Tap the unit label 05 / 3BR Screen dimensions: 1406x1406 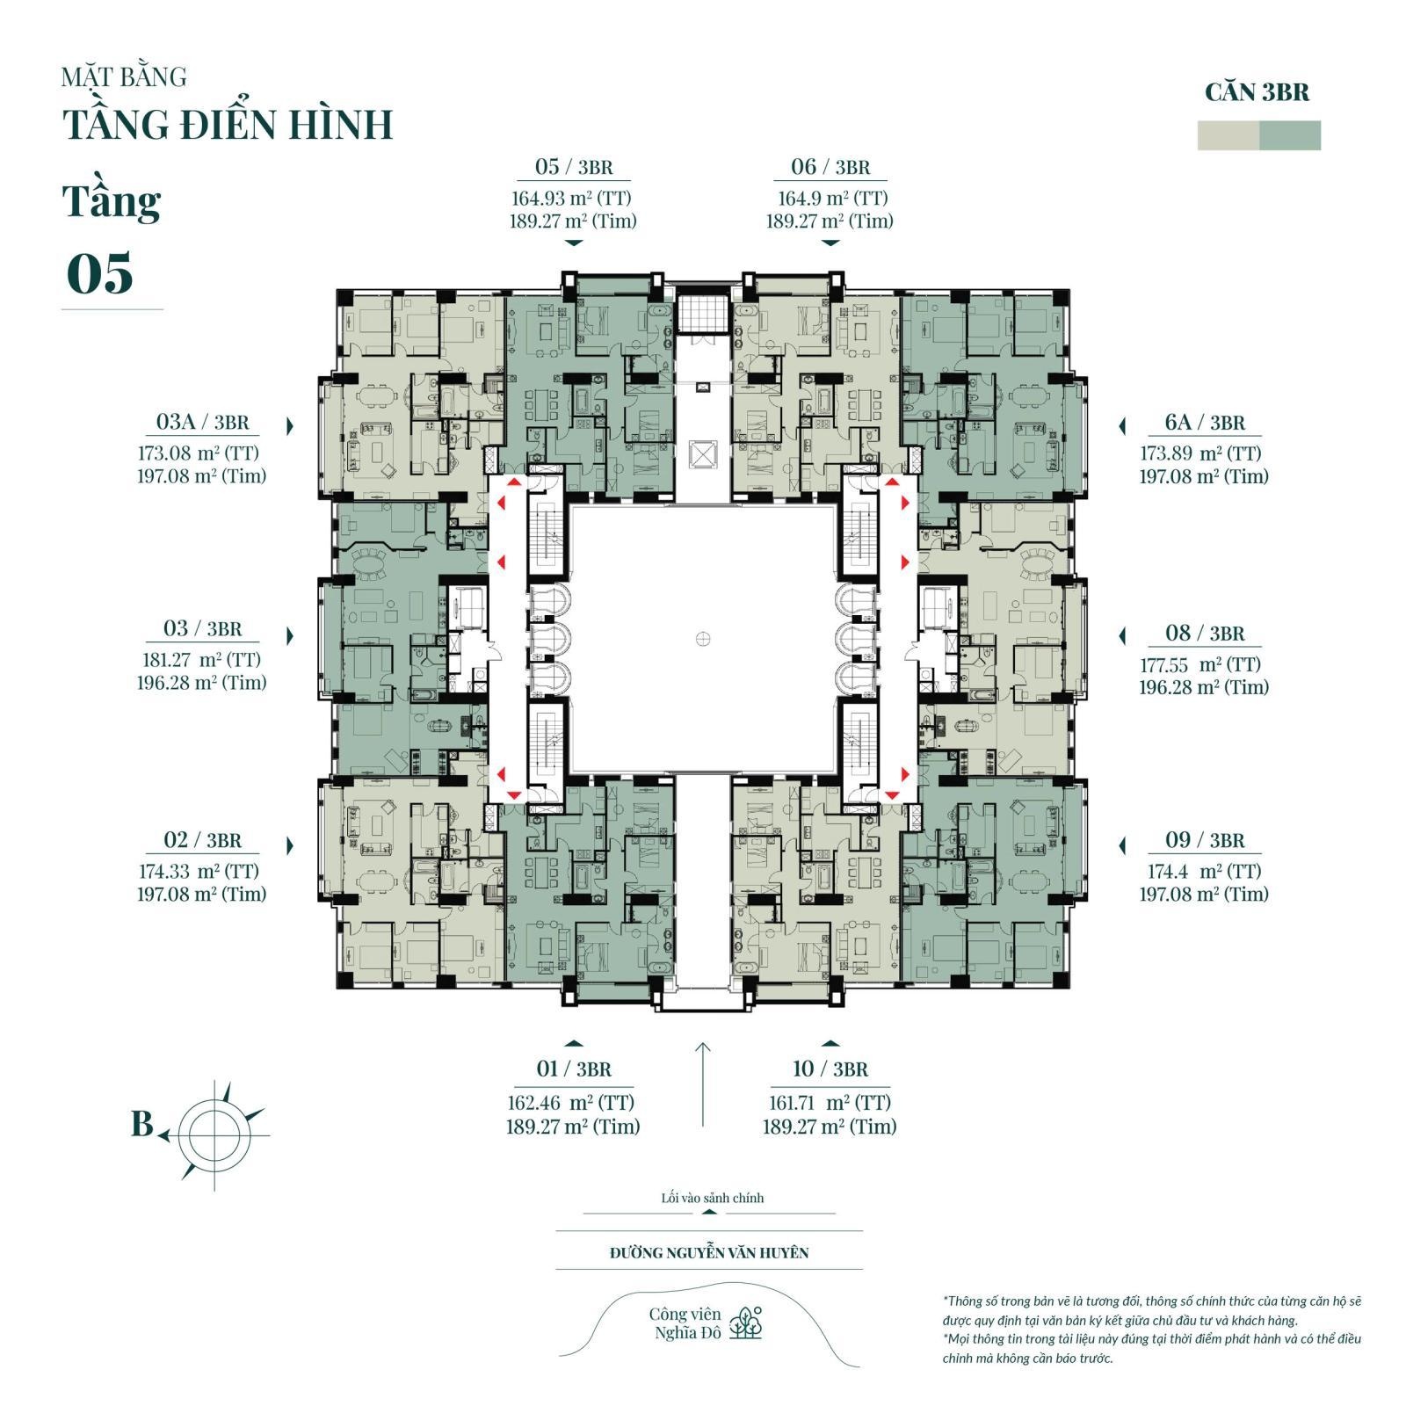(573, 167)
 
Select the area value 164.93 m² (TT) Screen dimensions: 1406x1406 (572, 198)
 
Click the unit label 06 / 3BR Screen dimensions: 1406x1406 (830, 167)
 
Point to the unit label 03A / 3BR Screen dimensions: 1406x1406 (202, 422)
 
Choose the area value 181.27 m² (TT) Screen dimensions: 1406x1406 (201, 660)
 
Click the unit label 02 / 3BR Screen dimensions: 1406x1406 (202, 840)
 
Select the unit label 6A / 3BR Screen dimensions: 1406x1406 (1205, 423)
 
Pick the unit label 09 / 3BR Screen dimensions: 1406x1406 (1205, 840)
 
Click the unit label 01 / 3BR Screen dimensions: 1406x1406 (573, 1069)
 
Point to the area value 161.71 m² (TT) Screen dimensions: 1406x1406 (829, 1103)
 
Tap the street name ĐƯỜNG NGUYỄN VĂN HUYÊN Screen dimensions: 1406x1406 (709, 1252)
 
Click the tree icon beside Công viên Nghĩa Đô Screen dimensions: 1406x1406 (748, 1323)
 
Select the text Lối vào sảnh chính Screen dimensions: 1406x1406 (713, 1198)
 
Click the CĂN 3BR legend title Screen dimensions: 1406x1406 (1257, 92)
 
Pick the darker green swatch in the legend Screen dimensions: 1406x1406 (1290, 135)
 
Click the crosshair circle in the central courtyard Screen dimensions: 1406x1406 (702, 639)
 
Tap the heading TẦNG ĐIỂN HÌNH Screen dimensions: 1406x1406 (228, 124)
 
